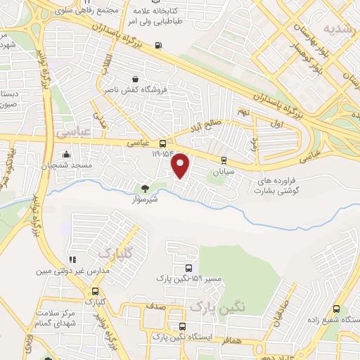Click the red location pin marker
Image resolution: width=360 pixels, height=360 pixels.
pyautogui.click(x=181, y=165)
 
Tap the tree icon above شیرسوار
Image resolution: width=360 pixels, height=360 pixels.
pyautogui.click(x=145, y=188)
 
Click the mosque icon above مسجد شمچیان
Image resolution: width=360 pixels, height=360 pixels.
pyautogui.click(x=67, y=154)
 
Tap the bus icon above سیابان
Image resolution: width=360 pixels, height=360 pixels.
pyautogui.click(x=224, y=160)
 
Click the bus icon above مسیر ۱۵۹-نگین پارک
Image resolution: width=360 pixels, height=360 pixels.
pyautogui.click(x=188, y=268)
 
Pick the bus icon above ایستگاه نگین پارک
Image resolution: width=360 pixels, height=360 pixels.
pyautogui.click(x=183, y=326)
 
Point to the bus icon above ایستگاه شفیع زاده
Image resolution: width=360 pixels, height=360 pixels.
pyautogui.click(x=336, y=309)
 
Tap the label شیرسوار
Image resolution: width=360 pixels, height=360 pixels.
pyautogui.click(x=145, y=199)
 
